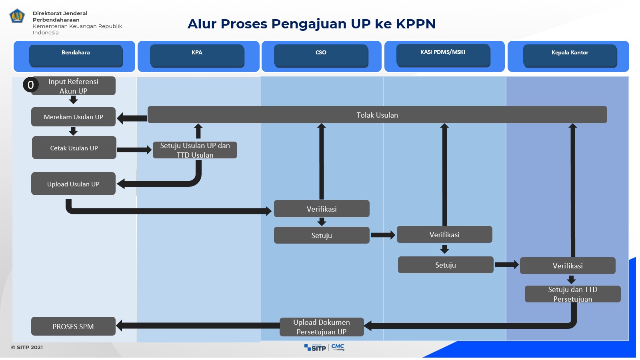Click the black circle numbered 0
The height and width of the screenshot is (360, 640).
pyautogui.click(x=31, y=85)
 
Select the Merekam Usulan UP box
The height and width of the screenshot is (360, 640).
pyautogui.click(x=73, y=117)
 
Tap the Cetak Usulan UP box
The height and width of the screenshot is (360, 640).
pyautogui.click(x=74, y=148)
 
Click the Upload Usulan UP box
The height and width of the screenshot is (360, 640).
pyautogui.click(x=73, y=184)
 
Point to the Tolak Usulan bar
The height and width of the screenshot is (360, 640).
pyautogui.click(x=377, y=115)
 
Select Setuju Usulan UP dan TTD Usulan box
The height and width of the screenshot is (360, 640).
pyautogui.click(x=195, y=150)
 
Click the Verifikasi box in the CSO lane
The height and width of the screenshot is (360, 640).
pyautogui.click(x=322, y=209)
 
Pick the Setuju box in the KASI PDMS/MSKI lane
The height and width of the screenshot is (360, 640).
pyautogui.click(x=445, y=265)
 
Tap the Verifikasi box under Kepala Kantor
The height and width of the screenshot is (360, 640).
pyautogui.click(x=567, y=266)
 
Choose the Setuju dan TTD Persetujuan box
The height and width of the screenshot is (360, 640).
pyautogui.click(x=572, y=294)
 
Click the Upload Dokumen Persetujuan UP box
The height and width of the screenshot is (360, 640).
pyautogui.click(x=322, y=327)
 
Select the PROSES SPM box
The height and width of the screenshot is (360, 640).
pyautogui.click(x=73, y=326)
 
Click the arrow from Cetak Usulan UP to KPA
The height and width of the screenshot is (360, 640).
pyautogui.click(x=134, y=150)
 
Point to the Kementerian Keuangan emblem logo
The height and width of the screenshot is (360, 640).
pyautogui.click(x=17, y=16)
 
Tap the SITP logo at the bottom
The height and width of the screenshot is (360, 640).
pyautogui.click(x=315, y=348)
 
